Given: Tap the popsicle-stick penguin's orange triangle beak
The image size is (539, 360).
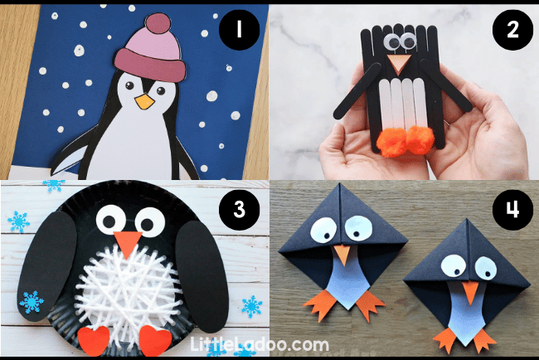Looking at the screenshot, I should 399,64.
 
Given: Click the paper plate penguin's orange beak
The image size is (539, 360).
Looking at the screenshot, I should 129,244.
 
